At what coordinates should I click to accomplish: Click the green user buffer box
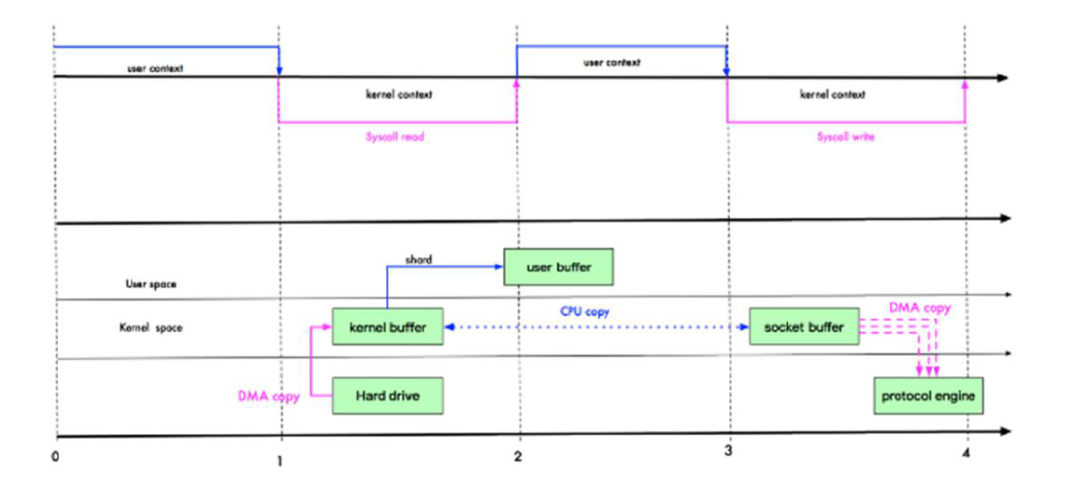[559, 267]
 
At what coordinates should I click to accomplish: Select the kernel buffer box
[387, 327]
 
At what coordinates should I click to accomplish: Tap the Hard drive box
[387, 396]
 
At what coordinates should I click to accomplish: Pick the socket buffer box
[804, 327]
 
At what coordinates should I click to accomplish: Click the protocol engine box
[927, 396]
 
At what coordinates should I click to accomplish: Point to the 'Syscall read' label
[396, 136]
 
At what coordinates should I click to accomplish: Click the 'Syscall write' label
[845, 136]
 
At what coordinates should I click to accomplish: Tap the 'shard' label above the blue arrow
[419, 259]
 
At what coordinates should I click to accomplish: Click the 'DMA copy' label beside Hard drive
[269, 397]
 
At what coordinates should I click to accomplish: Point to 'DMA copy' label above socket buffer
[921, 307]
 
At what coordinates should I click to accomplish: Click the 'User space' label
[150, 283]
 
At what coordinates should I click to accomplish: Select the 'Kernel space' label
[150, 328]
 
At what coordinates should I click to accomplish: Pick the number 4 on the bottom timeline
[967, 456]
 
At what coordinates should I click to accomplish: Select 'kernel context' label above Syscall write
[832, 94]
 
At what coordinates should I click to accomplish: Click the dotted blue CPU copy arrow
[654, 327]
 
